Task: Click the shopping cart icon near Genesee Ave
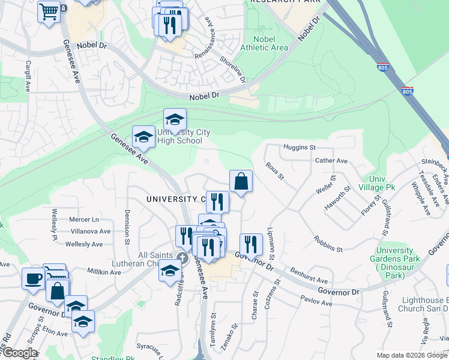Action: click(48, 11)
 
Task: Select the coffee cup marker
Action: click(33, 278)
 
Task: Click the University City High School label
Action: click(179, 137)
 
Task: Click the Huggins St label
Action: click(300, 147)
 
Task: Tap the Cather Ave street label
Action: click(331, 161)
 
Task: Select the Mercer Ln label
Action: click(83, 220)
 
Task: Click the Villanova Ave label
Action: click(88, 231)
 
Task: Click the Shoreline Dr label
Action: click(234, 69)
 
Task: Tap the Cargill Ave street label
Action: click(28, 76)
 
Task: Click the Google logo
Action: click(20, 353)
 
